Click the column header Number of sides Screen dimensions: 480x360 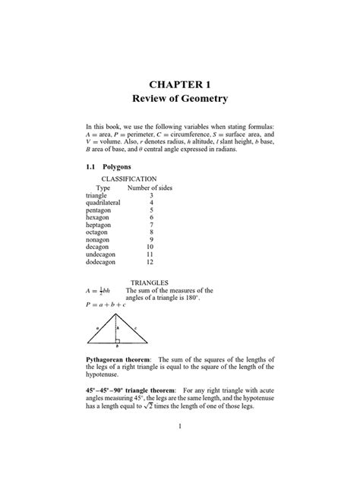150,187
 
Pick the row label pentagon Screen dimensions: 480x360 99,210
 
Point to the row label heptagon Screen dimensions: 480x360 99,225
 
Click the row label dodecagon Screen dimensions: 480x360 103,262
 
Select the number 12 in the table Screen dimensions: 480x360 150,262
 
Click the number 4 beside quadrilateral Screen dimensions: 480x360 151,203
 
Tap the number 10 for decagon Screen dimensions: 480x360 150,247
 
